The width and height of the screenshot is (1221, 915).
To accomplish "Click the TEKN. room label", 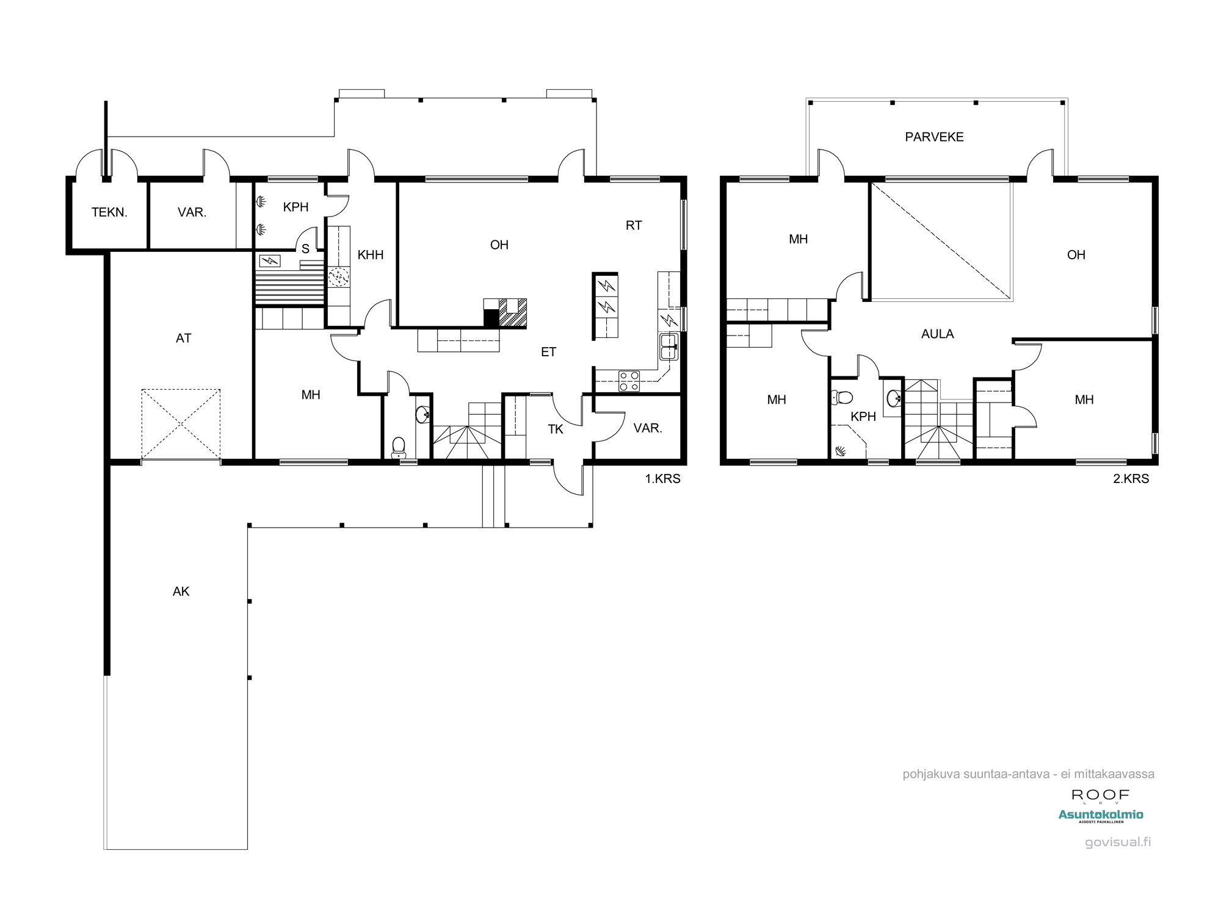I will point(109,212).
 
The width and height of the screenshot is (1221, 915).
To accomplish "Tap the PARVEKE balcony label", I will point(934,137).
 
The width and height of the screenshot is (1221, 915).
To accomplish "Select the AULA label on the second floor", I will point(937,334).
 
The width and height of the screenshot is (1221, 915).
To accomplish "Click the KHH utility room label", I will point(370,255).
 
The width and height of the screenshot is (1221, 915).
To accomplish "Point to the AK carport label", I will point(181,591).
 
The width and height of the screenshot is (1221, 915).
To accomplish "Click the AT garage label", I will point(183,338).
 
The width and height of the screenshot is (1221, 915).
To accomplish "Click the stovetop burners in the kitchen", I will point(629,381).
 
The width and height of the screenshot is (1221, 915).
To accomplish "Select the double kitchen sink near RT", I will point(668,347).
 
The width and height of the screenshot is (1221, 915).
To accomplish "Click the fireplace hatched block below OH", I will point(513,313).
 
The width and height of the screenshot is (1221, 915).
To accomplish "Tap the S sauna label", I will point(305,248).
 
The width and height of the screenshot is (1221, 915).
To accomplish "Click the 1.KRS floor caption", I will point(662,479).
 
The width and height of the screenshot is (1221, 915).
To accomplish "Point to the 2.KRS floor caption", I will point(1131,479).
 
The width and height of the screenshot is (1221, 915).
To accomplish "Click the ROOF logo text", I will point(1101,795).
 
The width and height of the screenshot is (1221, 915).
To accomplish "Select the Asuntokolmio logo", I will point(1101,815).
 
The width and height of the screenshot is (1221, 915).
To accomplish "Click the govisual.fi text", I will point(1118,842).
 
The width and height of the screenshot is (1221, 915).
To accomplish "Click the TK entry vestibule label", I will point(555,429).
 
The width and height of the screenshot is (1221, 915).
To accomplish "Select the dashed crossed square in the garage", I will point(181,424).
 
